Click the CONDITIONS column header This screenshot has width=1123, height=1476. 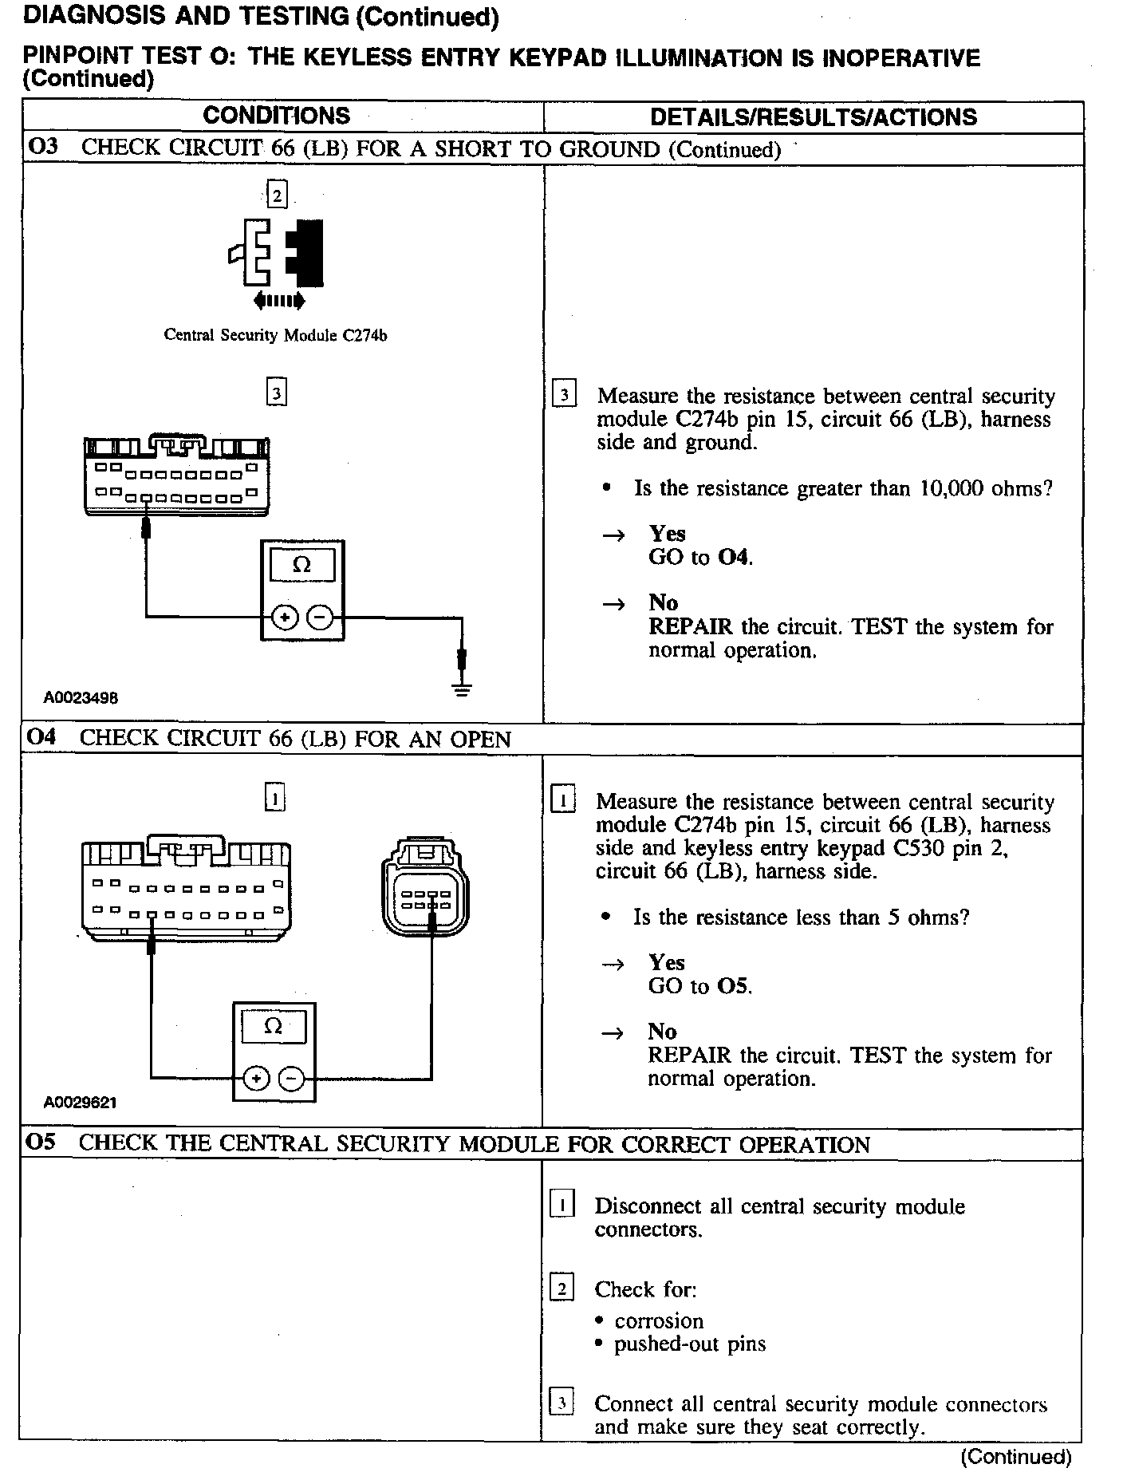[x=276, y=116]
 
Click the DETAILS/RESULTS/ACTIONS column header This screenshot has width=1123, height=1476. [x=813, y=117]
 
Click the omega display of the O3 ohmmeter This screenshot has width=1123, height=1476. [x=301, y=565]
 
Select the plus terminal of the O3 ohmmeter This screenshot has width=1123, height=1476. [x=285, y=617]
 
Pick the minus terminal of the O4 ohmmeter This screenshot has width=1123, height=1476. [x=292, y=1079]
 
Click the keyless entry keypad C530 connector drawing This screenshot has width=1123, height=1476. [x=426, y=887]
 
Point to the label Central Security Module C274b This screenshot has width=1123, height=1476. [x=275, y=335]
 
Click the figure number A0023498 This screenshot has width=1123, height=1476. [x=81, y=697]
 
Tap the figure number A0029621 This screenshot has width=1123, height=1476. [x=80, y=1103]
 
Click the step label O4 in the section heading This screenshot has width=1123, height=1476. [x=41, y=737]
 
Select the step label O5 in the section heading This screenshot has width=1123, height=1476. [x=41, y=1143]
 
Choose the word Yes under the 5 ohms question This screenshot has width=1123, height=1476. [x=667, y=962]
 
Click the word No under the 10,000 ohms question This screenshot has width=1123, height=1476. [x=663, y=602]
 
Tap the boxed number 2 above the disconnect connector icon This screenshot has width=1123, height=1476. [x=276, y=195]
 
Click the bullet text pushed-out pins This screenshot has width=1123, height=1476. [x=689, y=1344]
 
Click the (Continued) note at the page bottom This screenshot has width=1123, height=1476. [x=1015, y=1457]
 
